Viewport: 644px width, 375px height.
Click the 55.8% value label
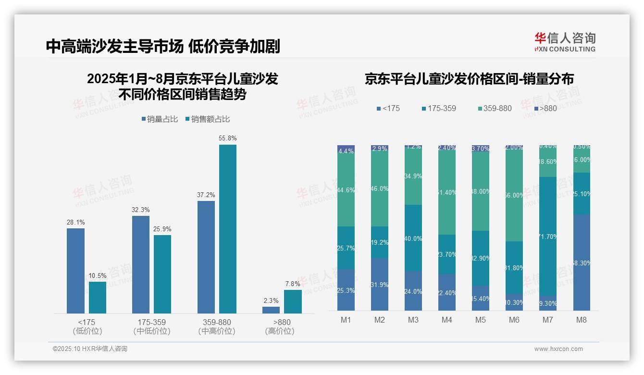pyautogui.click(x=228, y=138)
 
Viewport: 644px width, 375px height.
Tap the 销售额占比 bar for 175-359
pyautogui.click(x=162, y=274)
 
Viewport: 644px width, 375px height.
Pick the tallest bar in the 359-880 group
pyautogui.click(x=228, y=229)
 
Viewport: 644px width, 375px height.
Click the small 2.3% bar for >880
pyautogui.click(x=271, y=310)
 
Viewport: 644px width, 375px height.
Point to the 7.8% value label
pyautogui.click(x=293, y=284)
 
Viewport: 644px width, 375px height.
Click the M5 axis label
pyautogui.click(x=481, y=320)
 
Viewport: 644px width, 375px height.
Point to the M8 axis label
pyautogui.click(x=582, y=320)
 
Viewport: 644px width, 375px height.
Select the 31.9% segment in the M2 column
pyautogui.click(x=380, y=284)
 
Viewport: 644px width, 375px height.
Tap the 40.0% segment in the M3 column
pyautogui.click(x=413, y=238)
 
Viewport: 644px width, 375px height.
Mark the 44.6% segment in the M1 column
pyautogui.click(x=346, y=190)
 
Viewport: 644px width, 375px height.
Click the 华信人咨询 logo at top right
pyautogui.click(x=565, y=42)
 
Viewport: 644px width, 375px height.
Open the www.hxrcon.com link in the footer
pyautogui.click(x=558, y=349)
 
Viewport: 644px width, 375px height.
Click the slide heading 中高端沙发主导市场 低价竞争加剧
pyautogui.click(x=163, y=46)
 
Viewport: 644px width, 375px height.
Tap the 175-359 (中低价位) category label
pyautogui.click(x=151, y=326)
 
